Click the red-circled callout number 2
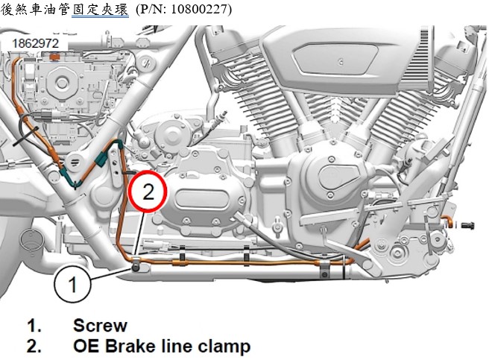(148, 192)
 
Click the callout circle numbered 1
(72, 284)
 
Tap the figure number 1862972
(35, 43)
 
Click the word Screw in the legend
(100, 326)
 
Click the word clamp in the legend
(224, 347)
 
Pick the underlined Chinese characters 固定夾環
(100, 9)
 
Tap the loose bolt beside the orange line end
(467, 224)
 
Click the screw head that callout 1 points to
(136, 268)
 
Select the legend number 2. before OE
(34, 347)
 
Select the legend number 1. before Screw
(34, 326)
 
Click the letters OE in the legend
(86, 347)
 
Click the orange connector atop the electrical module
(55, 57)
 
